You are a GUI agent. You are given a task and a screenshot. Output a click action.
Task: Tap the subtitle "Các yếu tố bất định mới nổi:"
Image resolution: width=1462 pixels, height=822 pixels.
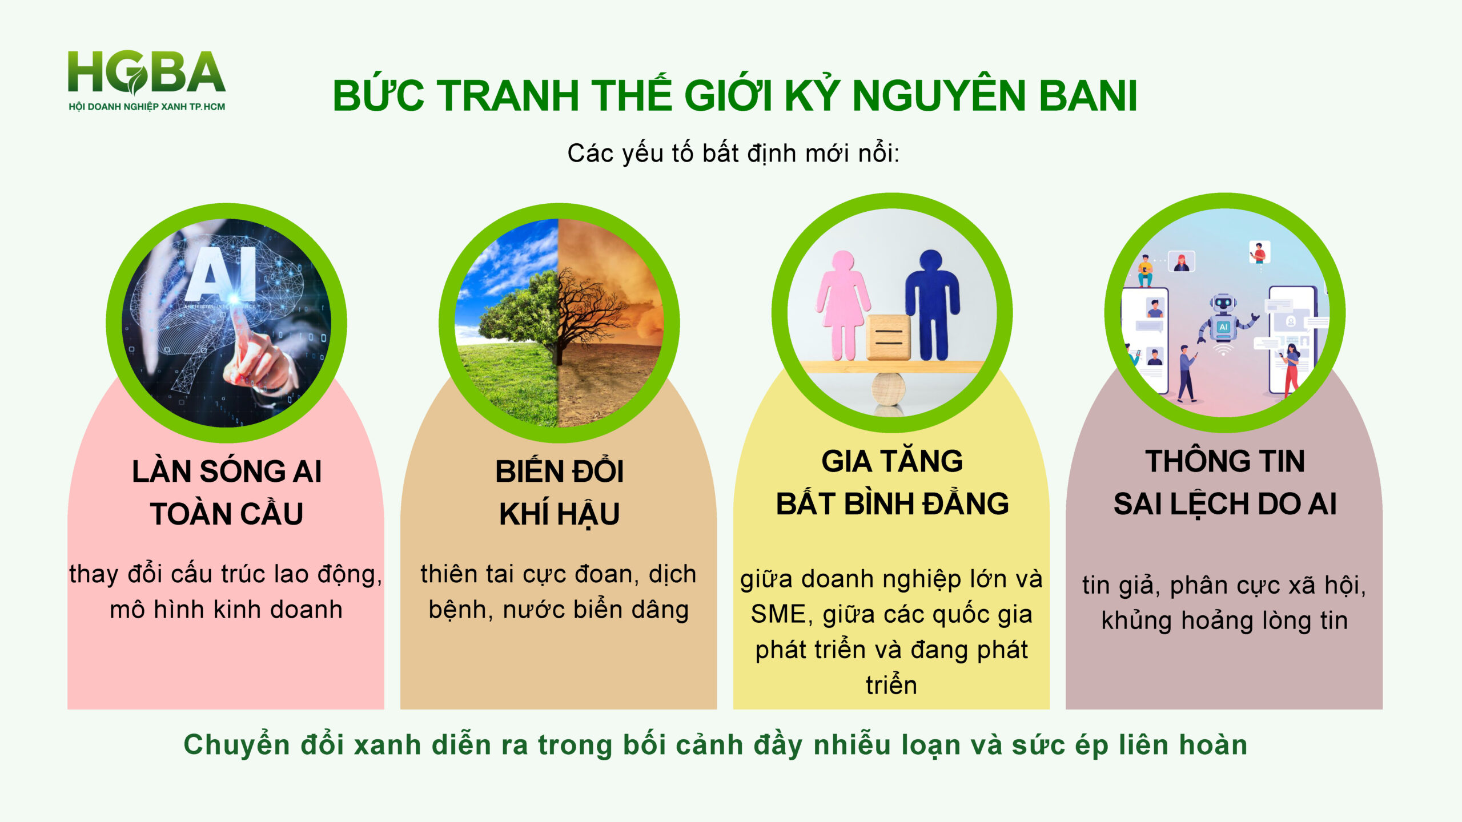(733, 154)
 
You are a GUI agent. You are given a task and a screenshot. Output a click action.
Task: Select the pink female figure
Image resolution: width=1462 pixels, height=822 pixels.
(843, 305)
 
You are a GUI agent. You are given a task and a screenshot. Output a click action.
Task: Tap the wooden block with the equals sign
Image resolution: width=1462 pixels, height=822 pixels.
(888, 337)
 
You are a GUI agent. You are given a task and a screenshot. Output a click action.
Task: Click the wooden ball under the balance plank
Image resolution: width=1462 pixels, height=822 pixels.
(889, 389)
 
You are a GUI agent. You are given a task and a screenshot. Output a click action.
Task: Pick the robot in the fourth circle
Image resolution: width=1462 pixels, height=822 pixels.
(1224, 323)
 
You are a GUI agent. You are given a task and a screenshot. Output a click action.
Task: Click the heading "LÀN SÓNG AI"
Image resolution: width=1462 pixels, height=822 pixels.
(227, 472)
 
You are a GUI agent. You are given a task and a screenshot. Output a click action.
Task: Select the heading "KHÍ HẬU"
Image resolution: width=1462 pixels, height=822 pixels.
(559, 514)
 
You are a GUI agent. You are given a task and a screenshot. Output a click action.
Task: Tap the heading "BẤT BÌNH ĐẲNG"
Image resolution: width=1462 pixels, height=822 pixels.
(892, 503)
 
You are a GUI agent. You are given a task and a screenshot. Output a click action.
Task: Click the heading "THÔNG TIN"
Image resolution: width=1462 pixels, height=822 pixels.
(1225, 461)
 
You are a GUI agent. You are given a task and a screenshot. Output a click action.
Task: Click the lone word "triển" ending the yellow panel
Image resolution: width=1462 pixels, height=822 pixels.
(891, 685)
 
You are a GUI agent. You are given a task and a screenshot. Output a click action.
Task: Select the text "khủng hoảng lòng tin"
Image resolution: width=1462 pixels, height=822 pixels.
(1224, 621)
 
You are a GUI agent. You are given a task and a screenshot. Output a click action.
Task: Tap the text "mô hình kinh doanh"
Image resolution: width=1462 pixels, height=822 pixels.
(226, 610)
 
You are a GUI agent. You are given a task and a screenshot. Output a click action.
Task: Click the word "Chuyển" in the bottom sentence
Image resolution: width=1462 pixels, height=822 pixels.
(236, 746)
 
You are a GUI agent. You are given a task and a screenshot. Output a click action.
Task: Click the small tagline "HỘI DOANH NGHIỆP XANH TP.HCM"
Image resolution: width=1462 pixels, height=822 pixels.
(147, 107)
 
